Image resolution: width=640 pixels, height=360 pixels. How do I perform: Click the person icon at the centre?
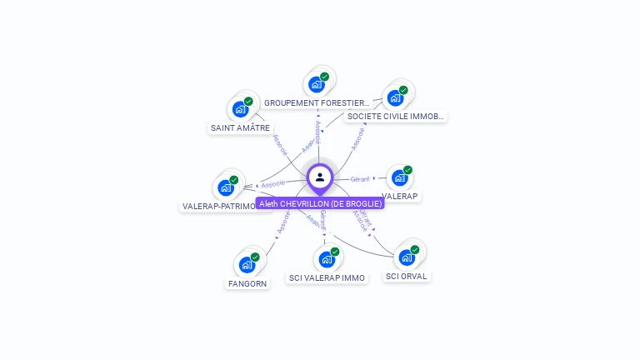coord(320,177)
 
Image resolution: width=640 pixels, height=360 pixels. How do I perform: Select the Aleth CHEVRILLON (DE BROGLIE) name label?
coord(320,203)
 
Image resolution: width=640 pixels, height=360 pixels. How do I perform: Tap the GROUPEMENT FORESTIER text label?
coord(317,103)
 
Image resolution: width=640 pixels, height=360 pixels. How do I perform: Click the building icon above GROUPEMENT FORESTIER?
coord(316,84)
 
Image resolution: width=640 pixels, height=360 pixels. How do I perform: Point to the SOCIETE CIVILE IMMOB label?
coord(396,117)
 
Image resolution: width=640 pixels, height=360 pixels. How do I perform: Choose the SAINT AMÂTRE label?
coord(240,128)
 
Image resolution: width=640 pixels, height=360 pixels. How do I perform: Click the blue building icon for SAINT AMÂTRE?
coord(240,109)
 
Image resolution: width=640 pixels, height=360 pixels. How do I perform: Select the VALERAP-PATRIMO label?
coord(219,206)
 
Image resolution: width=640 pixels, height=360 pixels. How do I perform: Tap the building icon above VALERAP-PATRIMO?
coord(225,187)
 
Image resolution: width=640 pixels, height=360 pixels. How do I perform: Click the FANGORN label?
coord(247,283)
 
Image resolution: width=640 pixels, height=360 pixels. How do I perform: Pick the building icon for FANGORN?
coord(247,265)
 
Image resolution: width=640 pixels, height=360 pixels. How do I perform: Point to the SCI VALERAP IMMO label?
coord(327,277)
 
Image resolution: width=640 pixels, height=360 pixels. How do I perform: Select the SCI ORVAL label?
coord(407,276)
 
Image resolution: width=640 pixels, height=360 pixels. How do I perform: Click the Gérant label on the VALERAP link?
coord(360,179)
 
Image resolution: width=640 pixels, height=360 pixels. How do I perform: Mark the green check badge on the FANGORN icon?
coord(255,257)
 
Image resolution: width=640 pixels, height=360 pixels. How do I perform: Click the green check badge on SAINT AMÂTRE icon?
coord(248,102)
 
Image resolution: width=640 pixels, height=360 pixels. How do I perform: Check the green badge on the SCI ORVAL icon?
coord(414,249)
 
